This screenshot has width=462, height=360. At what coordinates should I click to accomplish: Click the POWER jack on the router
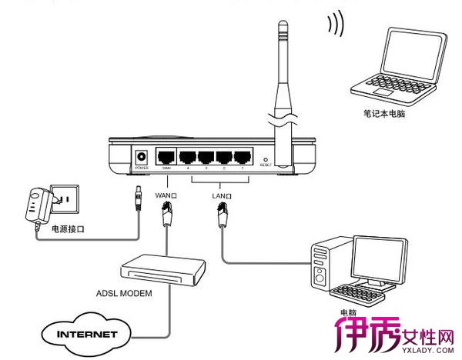[x=142, y=155]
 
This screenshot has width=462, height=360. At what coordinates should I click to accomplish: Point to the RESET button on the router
[x=265, y=157]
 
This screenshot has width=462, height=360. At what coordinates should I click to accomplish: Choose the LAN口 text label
[x=222, y=196]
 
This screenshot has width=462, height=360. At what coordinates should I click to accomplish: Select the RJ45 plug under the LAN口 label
[x=222, y=218]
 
